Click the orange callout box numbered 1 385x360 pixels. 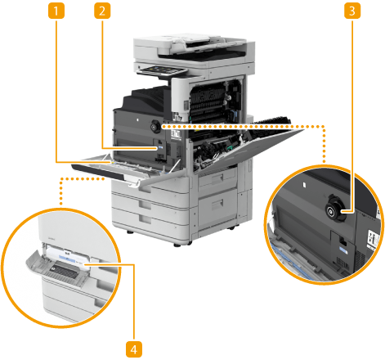coord(56,11)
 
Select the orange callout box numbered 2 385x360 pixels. coord(102,11)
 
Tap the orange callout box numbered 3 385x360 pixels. coord(352,11)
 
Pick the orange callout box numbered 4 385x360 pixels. coord(134,349)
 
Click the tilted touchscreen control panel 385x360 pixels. coord(161,71)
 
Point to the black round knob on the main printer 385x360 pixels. coord(156,126)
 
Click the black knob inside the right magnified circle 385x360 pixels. coord(336,211)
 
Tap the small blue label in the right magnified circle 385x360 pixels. coord(343,250)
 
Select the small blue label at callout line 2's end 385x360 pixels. coord(160,148)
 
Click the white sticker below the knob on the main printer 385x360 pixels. coord(176,135)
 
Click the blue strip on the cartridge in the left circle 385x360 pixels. coord(67,258)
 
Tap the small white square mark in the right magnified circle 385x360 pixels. coord(304,185)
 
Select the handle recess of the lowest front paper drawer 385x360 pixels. coord(145,218)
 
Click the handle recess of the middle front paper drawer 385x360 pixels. coord(145,204)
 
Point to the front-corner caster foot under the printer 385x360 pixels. coord(177,245)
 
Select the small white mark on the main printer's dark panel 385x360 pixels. coord(137,119)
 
